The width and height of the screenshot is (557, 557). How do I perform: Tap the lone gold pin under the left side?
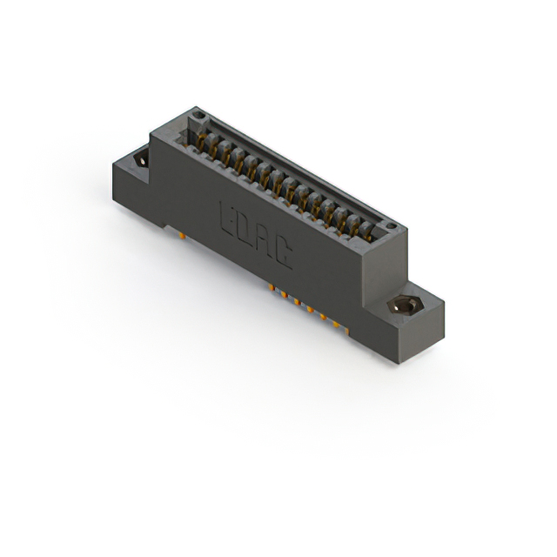coord(179,232)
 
